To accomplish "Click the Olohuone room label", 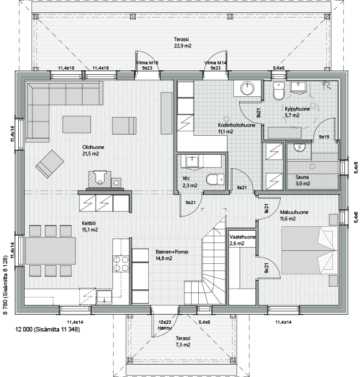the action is [x=93, y=147].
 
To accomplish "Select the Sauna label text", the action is [x=302, y=177].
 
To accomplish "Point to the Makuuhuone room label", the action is [x=294, y=213].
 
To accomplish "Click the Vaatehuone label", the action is [x=242, y=237].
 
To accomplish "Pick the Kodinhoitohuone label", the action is [x=237, y=125].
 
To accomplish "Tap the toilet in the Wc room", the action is [x=215, y=179].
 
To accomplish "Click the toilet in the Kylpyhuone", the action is [x=279, y=92].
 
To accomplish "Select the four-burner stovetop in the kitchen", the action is [x=121, y=264].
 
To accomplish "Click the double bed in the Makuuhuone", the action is [x=309, y=250].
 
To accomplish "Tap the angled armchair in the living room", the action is [x=50, y=164].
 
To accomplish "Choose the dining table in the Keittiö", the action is [x=51, y=251].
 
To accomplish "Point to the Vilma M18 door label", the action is [x=147, y=63].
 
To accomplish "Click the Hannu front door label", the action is [x=164, y=328].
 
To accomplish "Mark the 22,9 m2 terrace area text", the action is [x=183, y=45].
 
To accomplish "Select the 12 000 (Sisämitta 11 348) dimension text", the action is [x=47, y=330].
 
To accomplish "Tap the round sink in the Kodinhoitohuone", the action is [x=248, y=88].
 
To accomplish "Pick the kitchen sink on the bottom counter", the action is [x=105, y=297].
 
